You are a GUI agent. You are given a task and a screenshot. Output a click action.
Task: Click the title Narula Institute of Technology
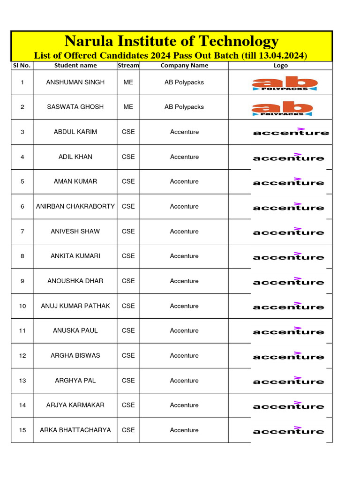pyautogui.click(x=171, y=41)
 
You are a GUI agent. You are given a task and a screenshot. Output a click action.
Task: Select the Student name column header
pyautogui.click(x=75, y=66)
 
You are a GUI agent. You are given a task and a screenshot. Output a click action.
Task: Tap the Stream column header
pyautogui.click(x=128, y=66)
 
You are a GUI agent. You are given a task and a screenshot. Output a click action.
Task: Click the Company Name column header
pyautogui.click(x=184, y=66)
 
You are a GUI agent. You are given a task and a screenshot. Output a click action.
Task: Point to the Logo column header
pyautogui.click(x=280, y=66)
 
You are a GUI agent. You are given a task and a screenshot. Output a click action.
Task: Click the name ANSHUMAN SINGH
pyautogui.click(x=75, y=82)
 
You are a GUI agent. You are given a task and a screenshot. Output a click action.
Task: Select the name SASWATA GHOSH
pyautogui.click(x=75, y=107)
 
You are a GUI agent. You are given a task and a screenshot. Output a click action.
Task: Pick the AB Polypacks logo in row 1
pyautogui.click(x=285, y=83)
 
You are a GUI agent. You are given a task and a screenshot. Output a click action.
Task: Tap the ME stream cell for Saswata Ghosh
pyautogui.click(x=128, y=107)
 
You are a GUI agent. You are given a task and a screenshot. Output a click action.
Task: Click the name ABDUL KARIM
pyautogui.click(x=75, y=132)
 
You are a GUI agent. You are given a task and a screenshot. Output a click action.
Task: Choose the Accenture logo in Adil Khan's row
pyautogui.click(x=288, y=157)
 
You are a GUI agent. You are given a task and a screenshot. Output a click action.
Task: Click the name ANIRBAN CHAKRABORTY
pyautogui.click(x=75, y=206)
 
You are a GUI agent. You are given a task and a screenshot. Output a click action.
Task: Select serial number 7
pyautogui.click(x=22, y=231)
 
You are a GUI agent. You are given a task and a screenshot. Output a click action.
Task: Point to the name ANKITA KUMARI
pyautogui.click(x=75, y=256)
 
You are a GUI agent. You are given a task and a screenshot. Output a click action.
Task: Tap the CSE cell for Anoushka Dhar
pyautogui.click(x=128, y=281)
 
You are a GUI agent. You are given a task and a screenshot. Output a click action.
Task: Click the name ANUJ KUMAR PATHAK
pyautogui.click(x=75, y=306)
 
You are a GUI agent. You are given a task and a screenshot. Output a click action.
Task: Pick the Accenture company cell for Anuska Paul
pyautogui.click(x=184, y=330)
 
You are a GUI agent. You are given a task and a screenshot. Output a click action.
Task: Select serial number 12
pyautogui.click(x=22, y=355)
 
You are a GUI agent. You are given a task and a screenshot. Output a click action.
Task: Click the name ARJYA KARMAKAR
pyautogui.click(x=75, y=405)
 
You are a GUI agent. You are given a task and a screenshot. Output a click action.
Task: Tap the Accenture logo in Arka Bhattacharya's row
pyautogui.click(x=288, y=430)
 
